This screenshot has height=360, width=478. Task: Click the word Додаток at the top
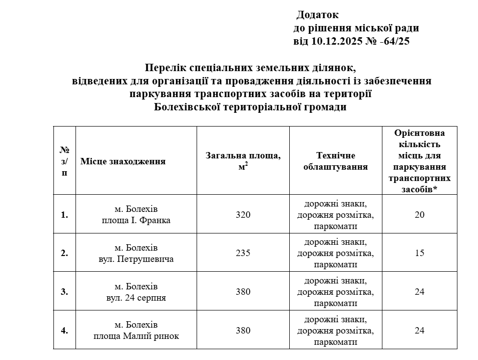click(318, 15)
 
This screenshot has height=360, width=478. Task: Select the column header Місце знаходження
click(123, 161)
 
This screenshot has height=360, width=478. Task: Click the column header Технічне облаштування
click(335, 161)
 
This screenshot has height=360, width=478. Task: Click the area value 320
click(243, 215)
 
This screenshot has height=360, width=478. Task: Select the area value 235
click(243, 253)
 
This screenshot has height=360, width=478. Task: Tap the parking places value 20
click(419, 215)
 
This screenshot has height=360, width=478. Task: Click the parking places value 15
click(419, 253)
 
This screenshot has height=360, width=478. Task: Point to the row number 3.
click(64, 292)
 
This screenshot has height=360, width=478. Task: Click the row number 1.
click(64, 215)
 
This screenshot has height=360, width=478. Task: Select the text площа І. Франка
click(136, 221)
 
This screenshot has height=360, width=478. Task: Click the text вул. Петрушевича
click(136, 259)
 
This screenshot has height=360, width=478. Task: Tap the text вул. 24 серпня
click(136, 298)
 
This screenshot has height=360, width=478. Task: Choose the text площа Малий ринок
click(136, 336)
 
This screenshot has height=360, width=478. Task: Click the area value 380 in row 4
click(243, 331)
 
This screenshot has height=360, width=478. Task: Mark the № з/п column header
click(64, 161)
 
